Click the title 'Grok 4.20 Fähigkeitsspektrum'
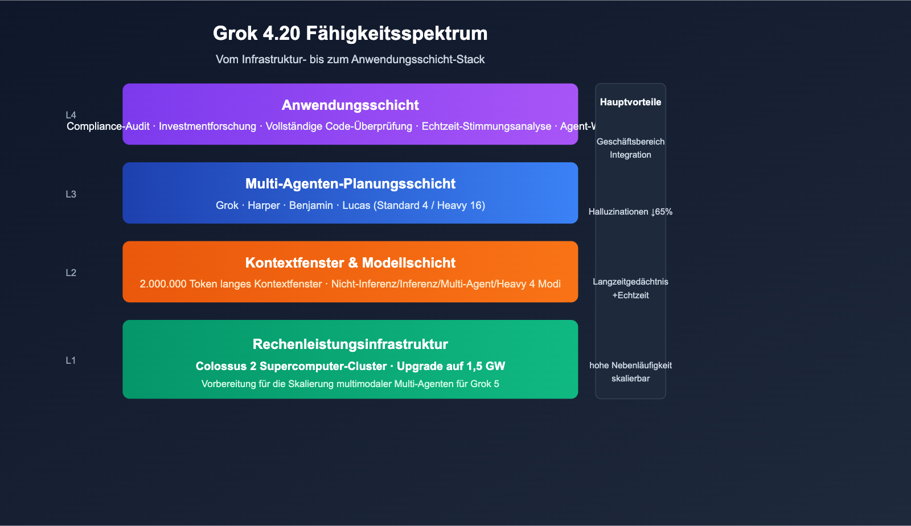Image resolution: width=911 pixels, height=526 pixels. coord(350,34)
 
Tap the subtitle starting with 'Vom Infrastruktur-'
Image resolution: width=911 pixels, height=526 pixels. coord(350,59)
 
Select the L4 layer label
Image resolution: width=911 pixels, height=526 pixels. coord(71,116)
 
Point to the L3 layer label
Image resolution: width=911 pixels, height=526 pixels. coord(71,194)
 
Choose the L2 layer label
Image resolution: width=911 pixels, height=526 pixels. coord(71,273)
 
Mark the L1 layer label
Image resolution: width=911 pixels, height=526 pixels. coord(71,360)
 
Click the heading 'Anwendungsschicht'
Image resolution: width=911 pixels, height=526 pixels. coord(350,105)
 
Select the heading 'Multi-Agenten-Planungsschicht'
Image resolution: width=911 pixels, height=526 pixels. coord(350,183)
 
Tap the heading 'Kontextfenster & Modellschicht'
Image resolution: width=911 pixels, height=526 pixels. coord(350,262)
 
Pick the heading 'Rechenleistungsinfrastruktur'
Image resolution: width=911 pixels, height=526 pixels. coord(350,344)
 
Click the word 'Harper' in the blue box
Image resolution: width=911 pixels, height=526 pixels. coord(264,206)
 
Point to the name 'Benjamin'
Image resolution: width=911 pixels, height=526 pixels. coord(311,206)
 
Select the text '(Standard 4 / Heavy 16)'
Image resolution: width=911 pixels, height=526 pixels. coord(429,206)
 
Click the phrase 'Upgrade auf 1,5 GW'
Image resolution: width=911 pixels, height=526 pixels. coord(451,366)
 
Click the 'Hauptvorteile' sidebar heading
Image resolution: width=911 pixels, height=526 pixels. coord(630,102)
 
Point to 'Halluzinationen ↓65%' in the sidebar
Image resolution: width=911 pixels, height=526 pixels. coord(630,212)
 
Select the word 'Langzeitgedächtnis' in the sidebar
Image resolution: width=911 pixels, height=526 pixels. coord(630,282)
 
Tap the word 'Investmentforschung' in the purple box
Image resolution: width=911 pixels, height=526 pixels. coord(207,126)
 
